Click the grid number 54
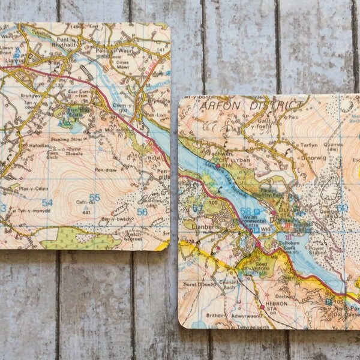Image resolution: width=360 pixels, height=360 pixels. point(47,203)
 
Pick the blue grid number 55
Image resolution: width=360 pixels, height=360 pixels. point(94,197)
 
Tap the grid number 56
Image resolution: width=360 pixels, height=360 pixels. point(142,211)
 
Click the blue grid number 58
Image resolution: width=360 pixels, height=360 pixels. point(245,211)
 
